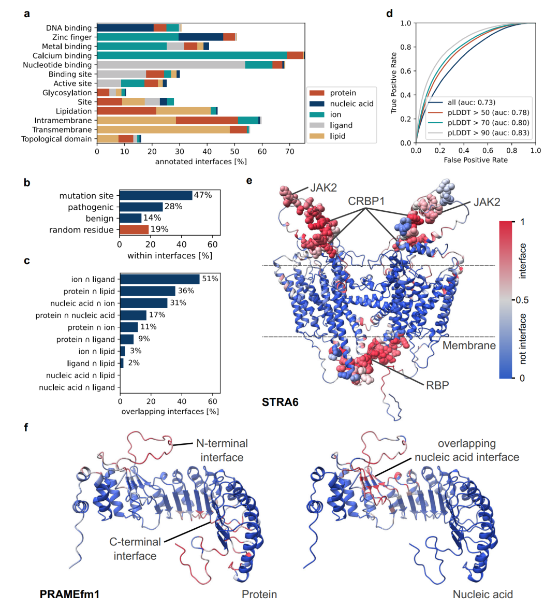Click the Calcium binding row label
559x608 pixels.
point(62,55)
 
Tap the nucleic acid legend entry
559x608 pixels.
point(351,104)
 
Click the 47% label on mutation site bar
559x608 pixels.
point(203,195)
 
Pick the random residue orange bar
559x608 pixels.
point(134,229)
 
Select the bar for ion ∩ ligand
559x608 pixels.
point(160,279)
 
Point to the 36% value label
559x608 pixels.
point(186,291)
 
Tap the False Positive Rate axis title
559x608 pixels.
point(476,160)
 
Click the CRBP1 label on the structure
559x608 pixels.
point(366,201)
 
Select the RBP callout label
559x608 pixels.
point(437,385)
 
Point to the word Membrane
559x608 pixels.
point(469,345)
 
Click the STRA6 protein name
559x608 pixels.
point(280,402)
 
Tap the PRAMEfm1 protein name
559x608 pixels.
point(69,594)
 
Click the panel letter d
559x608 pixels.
point(390,14)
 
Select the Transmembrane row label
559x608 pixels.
point(62,129)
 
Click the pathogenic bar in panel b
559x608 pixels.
point(141,207)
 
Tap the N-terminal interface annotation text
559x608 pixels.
point(222,450)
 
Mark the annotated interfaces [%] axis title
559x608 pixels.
point(201,162)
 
